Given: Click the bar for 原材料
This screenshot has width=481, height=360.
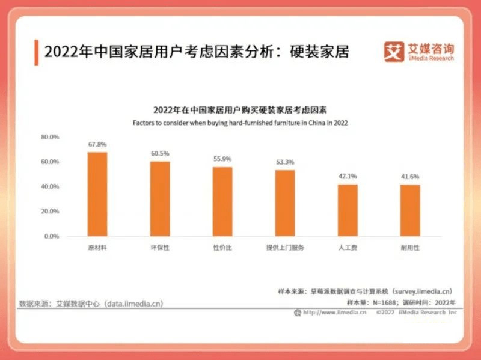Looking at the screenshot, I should coord(97,194).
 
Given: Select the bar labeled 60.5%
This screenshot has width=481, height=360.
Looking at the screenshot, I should coord(160,199).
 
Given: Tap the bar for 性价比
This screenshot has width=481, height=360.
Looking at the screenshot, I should coord(222,201).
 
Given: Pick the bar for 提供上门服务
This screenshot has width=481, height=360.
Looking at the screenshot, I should coord(285,203).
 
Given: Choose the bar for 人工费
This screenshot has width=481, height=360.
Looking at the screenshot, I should coord(348,210).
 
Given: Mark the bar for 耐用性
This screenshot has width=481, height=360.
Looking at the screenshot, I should coord(410,210).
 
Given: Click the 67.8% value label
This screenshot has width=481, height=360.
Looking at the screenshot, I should coord(97,145).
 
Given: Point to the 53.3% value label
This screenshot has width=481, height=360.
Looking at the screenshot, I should coord(285,162).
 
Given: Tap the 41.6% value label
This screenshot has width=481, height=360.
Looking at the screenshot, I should coord(410,177).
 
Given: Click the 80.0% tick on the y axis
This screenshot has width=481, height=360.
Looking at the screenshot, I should coord(50,137).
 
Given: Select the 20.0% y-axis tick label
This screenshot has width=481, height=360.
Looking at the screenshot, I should coord(50,212).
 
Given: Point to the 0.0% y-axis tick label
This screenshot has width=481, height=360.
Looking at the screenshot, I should coord(52,236).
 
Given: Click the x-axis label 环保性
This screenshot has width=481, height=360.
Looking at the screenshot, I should coord(160,248).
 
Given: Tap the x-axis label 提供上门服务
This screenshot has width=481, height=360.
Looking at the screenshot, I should coord(285,248).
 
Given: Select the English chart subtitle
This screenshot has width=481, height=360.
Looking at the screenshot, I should coord(240,123).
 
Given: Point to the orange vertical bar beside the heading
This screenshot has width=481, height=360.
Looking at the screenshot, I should coord(37,52).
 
